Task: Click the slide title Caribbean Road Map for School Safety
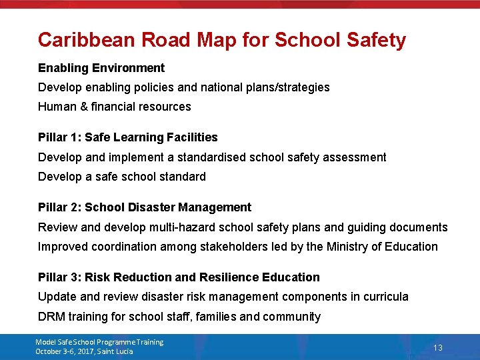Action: (x=221, y=40)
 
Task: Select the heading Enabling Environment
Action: (x=101, y=68)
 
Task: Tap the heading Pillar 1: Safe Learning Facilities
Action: (x=128, y=137)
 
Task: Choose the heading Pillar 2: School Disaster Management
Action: (x=145, y=207)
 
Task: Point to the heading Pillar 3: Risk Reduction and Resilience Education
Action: (x=179, y=277)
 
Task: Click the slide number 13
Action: (x=438, y=347)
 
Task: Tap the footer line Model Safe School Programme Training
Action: (x=99, y=342)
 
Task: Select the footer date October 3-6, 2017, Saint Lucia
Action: (x=84, y=351)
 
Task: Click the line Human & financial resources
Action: (x=115, y=107)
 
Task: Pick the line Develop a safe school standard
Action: (x=122, y=177)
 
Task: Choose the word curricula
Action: (x=385, y=297)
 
